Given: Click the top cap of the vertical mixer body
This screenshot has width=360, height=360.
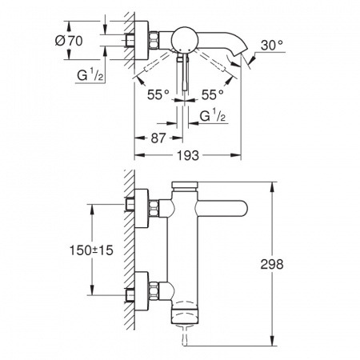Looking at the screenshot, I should point(186,187).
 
